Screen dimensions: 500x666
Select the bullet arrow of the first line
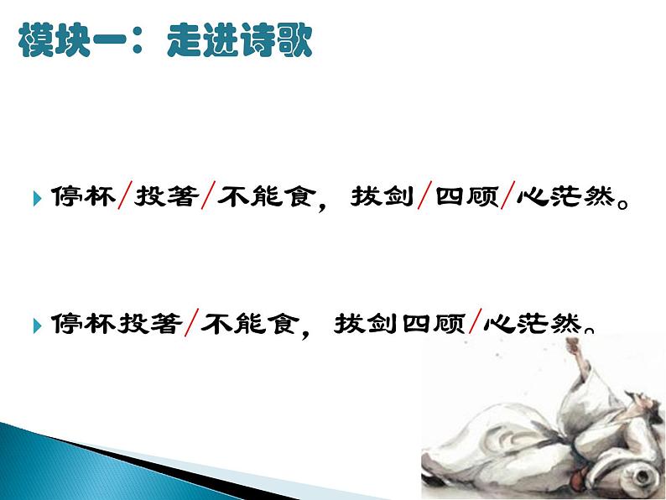pos(36,199)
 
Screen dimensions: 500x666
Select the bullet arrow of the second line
pos(36,324)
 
